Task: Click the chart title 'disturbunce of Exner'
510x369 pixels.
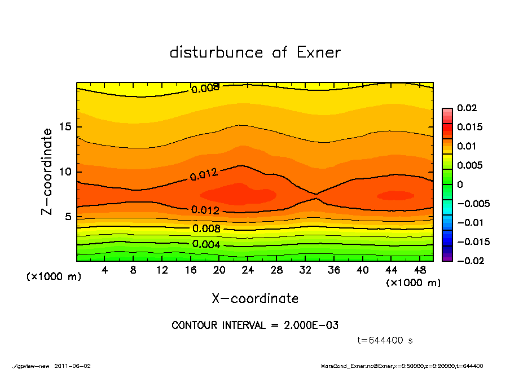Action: pyautogui.click(x=255, y=53)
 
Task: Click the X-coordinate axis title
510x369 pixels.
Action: pyautogui.click(x=255, y=298)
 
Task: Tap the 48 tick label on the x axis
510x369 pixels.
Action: pyautogui.click(x=420, y=270)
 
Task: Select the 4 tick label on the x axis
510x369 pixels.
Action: pyautogui.click(x=105, y=270)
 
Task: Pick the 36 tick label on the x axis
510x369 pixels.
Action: pyautogui.click(x=334, y=270)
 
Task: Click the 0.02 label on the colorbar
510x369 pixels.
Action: pyautogui.click(x=466, y=108)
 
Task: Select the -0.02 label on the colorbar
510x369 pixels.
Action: pyautogui.click(x=468, y=261)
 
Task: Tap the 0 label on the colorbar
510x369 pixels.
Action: pyautogui.click(x=460, y=184)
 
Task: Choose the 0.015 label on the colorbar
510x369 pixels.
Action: pyautogui.click(x=469, y=127)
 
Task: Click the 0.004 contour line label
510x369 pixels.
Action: pyautogui.click(x=205, y=244)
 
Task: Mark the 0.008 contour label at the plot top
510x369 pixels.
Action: pyautogui.click(x=205, y=88)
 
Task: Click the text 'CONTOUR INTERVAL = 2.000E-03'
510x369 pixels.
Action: pyautogui.click(x=255, y=326)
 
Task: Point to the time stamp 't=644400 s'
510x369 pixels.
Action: pyautogui.click(x=385, y=340)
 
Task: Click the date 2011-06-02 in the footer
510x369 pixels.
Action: pyautogui.click(x=72, y=366)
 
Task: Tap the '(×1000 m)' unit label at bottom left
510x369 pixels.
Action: pyautogui.click(x=50, y=277)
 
